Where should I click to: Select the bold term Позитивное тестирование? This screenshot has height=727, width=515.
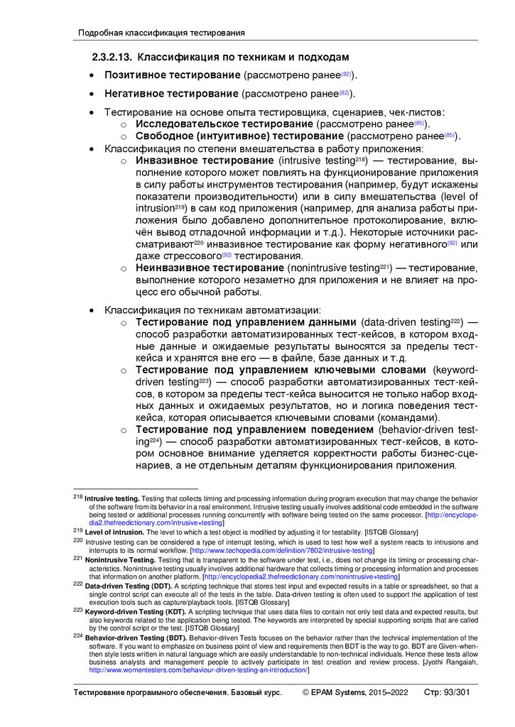click(172, 75)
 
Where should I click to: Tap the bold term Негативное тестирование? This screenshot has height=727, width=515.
click(171, 93)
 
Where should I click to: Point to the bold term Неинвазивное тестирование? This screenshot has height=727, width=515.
click(210, 268)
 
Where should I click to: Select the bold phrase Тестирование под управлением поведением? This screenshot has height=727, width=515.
click(254, 430)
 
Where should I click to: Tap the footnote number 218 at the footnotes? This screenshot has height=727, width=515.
click(78, 498)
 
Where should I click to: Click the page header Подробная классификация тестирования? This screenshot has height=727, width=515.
click(161, 33)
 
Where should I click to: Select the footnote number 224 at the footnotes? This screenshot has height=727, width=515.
click(78, 637)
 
